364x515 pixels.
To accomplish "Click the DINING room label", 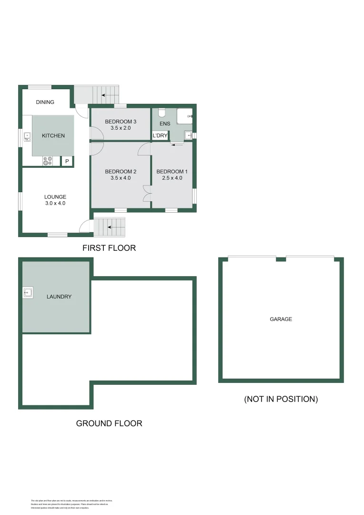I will [x=45, y=102].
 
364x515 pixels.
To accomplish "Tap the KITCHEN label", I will [x=53, y=136].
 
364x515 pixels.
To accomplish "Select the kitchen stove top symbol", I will [x=47, y=161].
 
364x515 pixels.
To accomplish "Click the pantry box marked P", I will [x=67, y=162].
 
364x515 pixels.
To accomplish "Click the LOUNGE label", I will [x=55, y=197].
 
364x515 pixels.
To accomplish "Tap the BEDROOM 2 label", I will [x=121, y=172].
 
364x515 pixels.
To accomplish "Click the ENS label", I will [x=165, y=124].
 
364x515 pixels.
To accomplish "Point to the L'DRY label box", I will [x=160, y=136].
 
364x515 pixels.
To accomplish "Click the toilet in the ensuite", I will [x=162, y=113].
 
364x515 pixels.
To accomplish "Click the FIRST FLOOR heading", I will [x=109, y=248].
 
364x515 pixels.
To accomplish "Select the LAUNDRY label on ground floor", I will [x=59, y=297].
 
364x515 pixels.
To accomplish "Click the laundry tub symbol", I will [x=28, y=293].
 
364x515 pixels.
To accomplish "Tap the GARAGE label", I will [x=281, y=319].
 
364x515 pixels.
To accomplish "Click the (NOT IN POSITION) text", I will [x=281, y=399].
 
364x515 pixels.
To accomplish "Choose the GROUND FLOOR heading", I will [x=109, y=423].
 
